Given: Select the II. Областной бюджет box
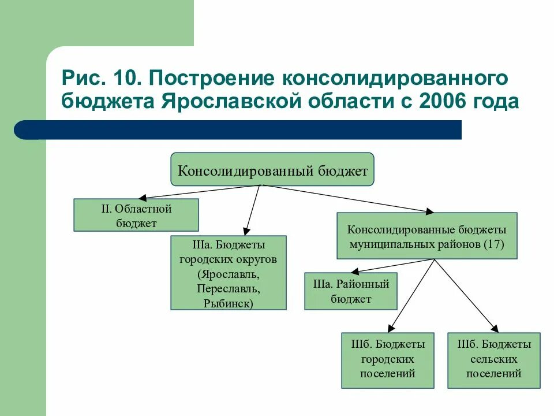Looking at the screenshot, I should pyautogui.click(x=136, y=215).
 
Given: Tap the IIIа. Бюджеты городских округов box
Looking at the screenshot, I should pyautogui.click(x=229, y=273).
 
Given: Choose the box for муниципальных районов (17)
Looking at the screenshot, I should pyautogui.click(x=426, y=235).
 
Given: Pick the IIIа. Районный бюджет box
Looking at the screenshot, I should pyautogui.click(x=351, y=291).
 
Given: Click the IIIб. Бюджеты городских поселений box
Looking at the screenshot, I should pyautogui.click(x=387, y=359).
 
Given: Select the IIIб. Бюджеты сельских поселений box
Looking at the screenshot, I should pyautogui.click(x=493, y=359).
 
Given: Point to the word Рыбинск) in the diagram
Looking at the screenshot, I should pyautogui.click(x=229, y=303).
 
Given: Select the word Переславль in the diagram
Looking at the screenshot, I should pyautogui.click(x=229, y=288).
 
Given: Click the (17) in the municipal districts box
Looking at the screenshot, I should pyautogui.click(x=494, y=244).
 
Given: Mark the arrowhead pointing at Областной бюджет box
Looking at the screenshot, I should pyautogui.click(x=142, y=198).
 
